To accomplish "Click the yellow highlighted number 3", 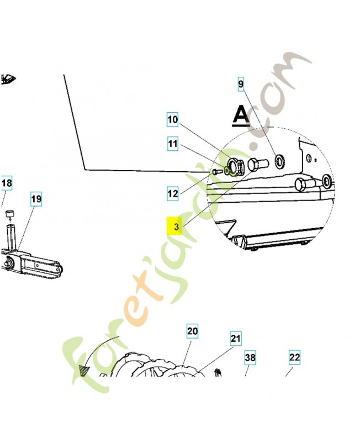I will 176,227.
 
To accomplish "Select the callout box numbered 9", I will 241,85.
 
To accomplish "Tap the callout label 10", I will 173,119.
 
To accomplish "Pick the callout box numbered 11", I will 173,144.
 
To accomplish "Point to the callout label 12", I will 173,193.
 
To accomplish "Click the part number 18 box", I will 6,183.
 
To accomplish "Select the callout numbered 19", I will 36,198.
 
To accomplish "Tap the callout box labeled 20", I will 192,331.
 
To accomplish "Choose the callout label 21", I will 236,338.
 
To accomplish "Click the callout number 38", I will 251,358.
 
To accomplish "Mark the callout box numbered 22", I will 295,357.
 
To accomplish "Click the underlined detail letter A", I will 241,114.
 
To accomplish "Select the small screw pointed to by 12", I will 214,172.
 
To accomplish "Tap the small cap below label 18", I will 9,213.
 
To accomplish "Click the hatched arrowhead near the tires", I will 85,370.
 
